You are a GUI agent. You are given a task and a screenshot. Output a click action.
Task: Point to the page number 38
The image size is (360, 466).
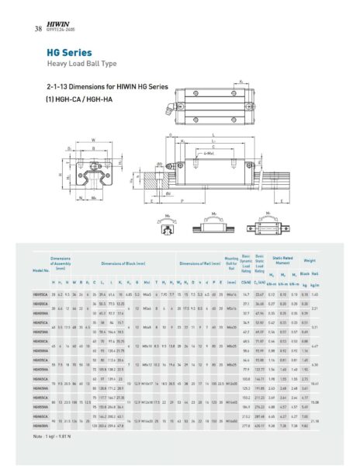[x=38, y=30]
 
